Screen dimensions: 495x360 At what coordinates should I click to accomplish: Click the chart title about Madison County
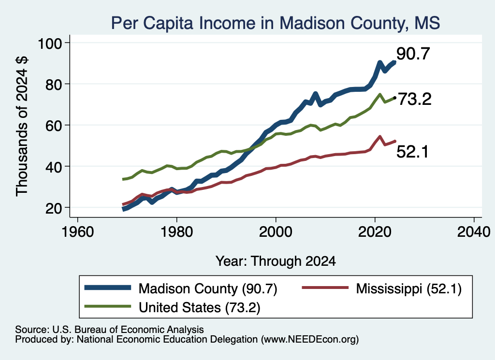[275, 23]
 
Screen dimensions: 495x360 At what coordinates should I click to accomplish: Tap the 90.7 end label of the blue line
[413, 54]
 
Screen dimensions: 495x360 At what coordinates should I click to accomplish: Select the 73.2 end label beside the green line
[414, 99]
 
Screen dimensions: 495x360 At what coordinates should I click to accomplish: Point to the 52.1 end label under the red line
[412, 152]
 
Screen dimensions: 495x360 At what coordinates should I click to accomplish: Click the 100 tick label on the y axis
[50, 43]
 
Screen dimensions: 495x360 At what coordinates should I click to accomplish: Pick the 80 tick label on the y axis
[54, 84]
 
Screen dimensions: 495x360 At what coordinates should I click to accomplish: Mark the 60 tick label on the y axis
[54, 125]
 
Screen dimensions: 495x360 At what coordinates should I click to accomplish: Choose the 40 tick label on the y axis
[54, 167]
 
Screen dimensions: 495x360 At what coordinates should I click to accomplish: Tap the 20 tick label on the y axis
[54, 208]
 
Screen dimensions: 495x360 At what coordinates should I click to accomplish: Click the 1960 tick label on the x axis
[78, 232]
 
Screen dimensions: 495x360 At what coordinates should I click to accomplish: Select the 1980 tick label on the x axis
[177, 232]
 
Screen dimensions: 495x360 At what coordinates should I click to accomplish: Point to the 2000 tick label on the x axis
[276, 232]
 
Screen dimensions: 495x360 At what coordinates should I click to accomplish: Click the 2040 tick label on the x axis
[474, 232]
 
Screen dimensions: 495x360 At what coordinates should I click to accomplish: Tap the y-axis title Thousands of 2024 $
[22, 126]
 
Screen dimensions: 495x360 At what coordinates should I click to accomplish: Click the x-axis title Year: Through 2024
[276, 261]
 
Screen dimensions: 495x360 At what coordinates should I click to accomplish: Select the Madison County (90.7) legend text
[208, 288]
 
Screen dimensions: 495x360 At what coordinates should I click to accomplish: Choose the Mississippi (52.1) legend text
[409, 288]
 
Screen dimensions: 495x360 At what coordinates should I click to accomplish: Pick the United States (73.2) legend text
[200, 307]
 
